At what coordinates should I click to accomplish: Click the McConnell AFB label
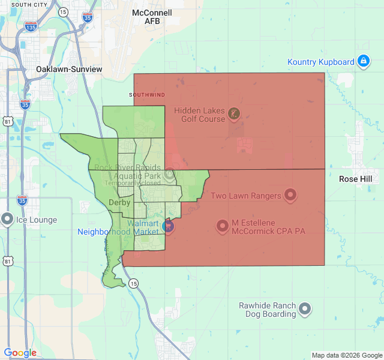coord(152,17)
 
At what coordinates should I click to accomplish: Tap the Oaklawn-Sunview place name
coord(69,69)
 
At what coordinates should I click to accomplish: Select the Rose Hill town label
coord(359,179)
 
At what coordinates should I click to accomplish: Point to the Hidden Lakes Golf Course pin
coord(234,113)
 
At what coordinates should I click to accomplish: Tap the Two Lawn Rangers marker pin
coord(290,194)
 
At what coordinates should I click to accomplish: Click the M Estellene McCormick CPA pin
coord(223,226)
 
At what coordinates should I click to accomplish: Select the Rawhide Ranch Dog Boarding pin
coord(305,308)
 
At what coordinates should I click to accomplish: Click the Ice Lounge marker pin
coord(7,219)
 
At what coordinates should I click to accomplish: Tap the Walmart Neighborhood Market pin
coord(168,226)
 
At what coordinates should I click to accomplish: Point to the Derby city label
coord(119,203)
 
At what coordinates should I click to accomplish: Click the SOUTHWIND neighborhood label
coord(147,95)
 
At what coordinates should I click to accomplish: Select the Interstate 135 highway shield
coord(31,26)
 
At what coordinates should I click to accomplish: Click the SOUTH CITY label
coord(29,5)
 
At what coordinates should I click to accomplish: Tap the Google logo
coord(20,353)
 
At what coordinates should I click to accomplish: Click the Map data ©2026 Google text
coord(346,355)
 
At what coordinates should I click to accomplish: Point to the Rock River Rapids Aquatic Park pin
coord(170,173)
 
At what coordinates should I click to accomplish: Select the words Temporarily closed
coord(133,183)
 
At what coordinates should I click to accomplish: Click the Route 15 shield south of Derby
coord(133,283)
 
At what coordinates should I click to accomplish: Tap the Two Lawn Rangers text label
coord(246,196)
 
